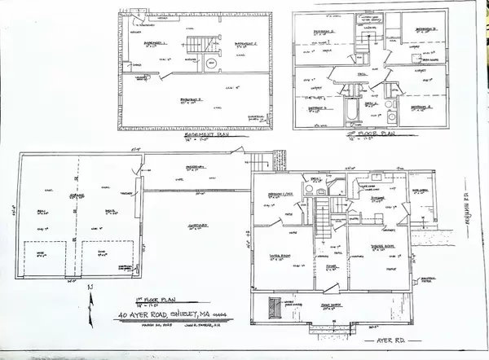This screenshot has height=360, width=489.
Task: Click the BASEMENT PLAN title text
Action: [x=197, y=136]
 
